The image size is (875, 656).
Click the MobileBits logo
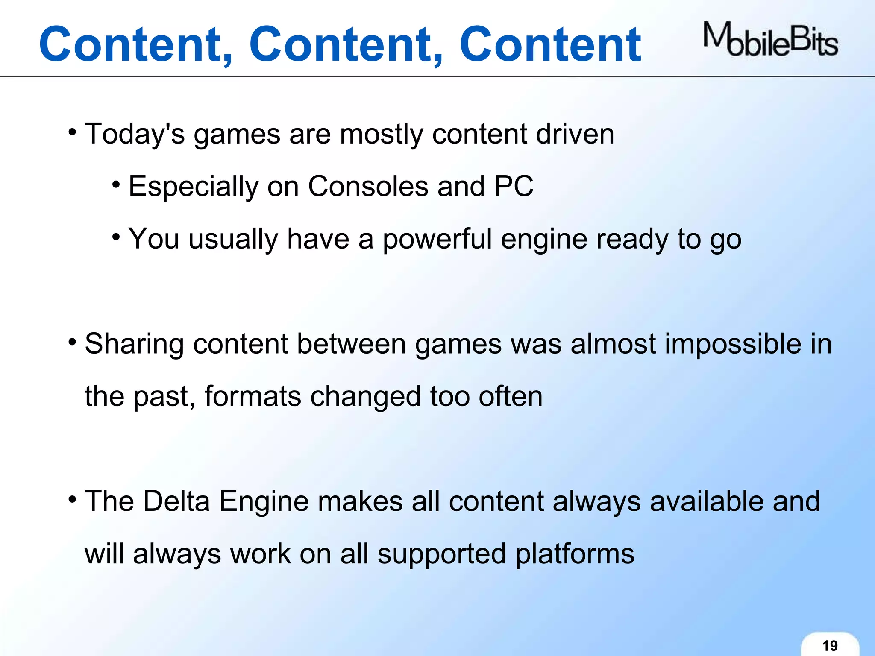tap(770, 40)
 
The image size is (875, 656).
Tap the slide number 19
tap(830, 645)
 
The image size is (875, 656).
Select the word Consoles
tap(368, 186)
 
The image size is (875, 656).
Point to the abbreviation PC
tap(514, 186)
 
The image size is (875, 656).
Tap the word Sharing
tap(134, 344)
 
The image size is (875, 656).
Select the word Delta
tap(176, 501)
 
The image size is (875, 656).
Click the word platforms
tap(575, 554)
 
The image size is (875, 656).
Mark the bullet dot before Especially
tap(116, 185)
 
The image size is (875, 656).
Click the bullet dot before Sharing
tap(72, 342)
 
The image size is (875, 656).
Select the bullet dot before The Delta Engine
tap(72, 499)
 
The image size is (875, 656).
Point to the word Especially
tap(194, 187)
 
